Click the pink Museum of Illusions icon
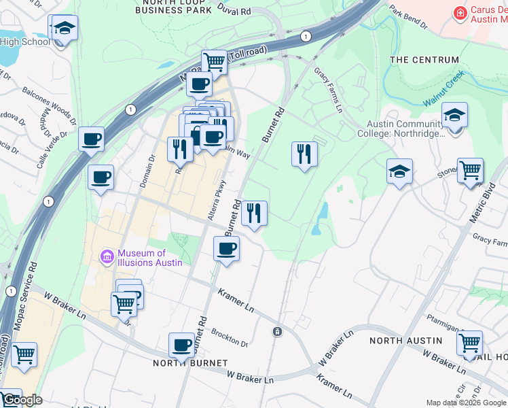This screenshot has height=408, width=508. (x=107, y=257)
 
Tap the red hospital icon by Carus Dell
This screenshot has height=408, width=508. (x=460, y=12)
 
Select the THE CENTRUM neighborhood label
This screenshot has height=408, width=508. (x=424, y=60)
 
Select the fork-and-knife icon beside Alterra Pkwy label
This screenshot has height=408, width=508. (x=254, y=212)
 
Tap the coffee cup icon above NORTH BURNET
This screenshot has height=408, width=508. (x=182, y=344)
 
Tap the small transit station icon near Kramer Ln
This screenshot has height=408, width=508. (x=277, y=331)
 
